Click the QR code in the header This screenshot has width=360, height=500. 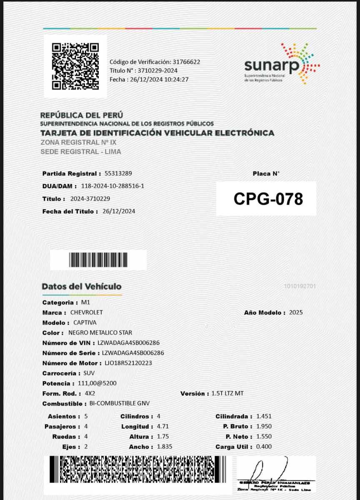[x=75, y=66]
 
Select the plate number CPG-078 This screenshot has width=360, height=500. [x=268, y=199]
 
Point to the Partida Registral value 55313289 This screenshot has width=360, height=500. [x=119, y=173]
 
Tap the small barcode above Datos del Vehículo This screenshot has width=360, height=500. [x=98, y=260]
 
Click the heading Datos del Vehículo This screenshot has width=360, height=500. [x=82, y=287]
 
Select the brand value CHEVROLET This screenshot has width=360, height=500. [x=87, y=312]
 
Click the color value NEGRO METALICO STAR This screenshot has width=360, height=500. [x=100, y=332]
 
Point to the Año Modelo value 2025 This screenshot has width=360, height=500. [x=296, y=312]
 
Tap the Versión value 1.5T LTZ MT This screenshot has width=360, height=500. [x=227, y=393]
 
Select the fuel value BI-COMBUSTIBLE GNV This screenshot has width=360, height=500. [x=120, y=403]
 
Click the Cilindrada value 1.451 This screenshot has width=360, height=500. [x=264, y=416]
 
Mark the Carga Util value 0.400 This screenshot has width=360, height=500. [x=264, y=447]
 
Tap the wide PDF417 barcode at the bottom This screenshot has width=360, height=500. [x=138, y=469]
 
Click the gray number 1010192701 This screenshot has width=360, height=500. [x=300, y=286]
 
